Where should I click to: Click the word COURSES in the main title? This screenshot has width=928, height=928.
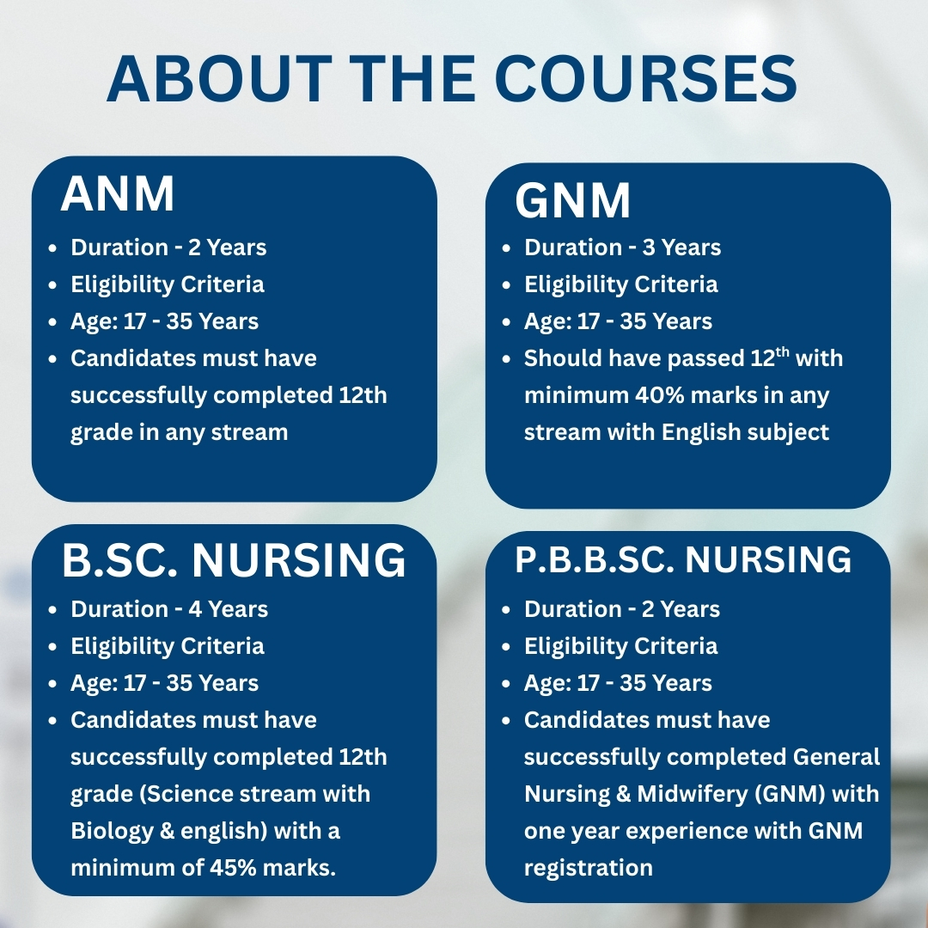coord(645,79)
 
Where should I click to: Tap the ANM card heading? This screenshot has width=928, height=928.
coord(117,193)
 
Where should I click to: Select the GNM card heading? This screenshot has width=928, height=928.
coord(572,200)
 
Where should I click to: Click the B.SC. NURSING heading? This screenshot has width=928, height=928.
coord(234,560)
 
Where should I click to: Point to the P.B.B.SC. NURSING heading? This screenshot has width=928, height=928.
coord(683,559)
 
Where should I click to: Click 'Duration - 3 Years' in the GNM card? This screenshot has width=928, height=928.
coord(623,247)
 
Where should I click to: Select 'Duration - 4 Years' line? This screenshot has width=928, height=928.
coord(169,609)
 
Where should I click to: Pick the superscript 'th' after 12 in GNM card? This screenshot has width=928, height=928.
coord(782,353)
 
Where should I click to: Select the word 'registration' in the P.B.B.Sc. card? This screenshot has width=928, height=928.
coord(589,868)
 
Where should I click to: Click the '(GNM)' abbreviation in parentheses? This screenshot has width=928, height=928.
coord(791,794)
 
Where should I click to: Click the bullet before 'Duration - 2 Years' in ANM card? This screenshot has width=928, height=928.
coord(53,248)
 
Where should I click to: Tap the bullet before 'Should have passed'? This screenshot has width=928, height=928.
coord(506,359)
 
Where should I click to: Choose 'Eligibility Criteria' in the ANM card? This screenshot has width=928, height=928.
coord(168,284)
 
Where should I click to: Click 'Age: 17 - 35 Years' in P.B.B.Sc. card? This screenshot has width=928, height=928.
coord(618,684)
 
